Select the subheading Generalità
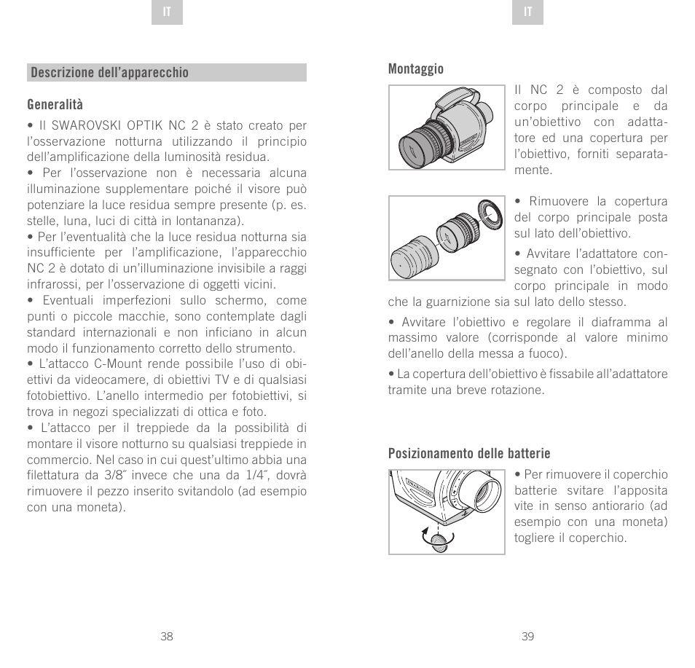55,105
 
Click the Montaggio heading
415,68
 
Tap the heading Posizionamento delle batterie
468,453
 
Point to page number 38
167,636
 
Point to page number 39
528,636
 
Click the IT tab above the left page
167,14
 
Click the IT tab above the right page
528,14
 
